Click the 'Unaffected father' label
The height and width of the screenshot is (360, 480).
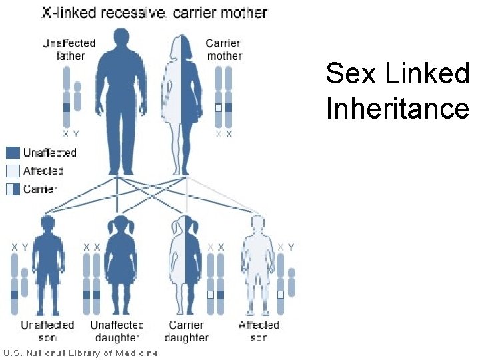69,49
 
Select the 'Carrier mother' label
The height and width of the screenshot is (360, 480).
223,49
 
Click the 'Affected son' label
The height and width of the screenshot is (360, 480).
259,331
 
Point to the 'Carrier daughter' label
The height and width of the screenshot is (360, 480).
186,331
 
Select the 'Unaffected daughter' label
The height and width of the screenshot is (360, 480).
117,331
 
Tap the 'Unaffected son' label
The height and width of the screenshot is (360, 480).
47,331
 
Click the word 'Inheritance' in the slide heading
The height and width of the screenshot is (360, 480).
397,108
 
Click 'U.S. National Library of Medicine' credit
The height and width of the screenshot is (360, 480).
81,353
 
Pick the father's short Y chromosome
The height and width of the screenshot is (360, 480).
77,97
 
